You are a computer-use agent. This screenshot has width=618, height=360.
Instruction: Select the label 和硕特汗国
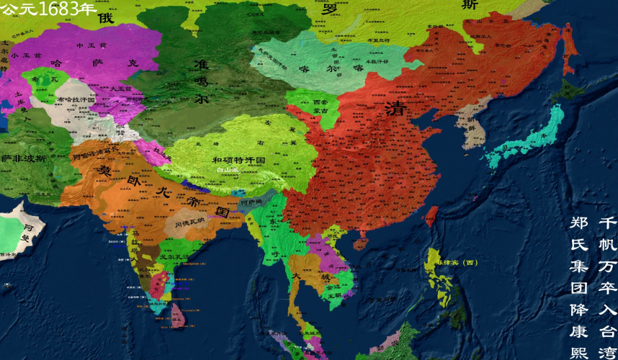point(239,160)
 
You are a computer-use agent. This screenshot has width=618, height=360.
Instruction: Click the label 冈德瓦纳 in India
point(190,224)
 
